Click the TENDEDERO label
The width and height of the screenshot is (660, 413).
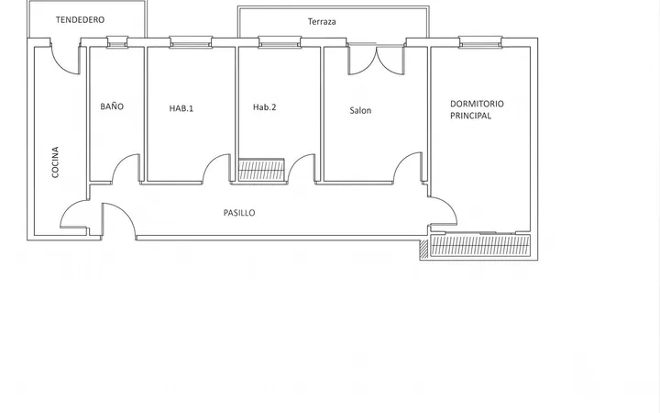pos(80,19)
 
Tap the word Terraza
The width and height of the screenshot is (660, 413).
pos(322,21)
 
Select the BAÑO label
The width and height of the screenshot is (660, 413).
pos(112,106)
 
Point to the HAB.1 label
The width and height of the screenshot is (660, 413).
pos(181,108)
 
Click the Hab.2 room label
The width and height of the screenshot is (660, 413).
pos(264,107)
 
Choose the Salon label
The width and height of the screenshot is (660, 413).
pos(360,110)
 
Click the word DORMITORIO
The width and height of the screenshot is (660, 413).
pos(477,104)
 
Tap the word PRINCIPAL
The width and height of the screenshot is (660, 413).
pos(470,116)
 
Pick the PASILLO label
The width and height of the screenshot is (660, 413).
pos(239,213)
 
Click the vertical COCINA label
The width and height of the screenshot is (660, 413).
pos(55,162)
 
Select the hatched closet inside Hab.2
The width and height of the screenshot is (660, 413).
pos(261,170)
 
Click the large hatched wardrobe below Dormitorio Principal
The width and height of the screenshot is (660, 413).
pos(480,246)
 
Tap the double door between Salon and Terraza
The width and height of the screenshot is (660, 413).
pos(377,60)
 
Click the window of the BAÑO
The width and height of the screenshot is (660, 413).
pos(117,42)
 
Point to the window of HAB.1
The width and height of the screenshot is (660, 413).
pos(191,42)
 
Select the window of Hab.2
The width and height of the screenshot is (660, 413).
pos(280,42)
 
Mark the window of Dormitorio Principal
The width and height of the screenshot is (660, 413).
pos(480,42)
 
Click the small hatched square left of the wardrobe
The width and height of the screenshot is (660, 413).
pos(423,249)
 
